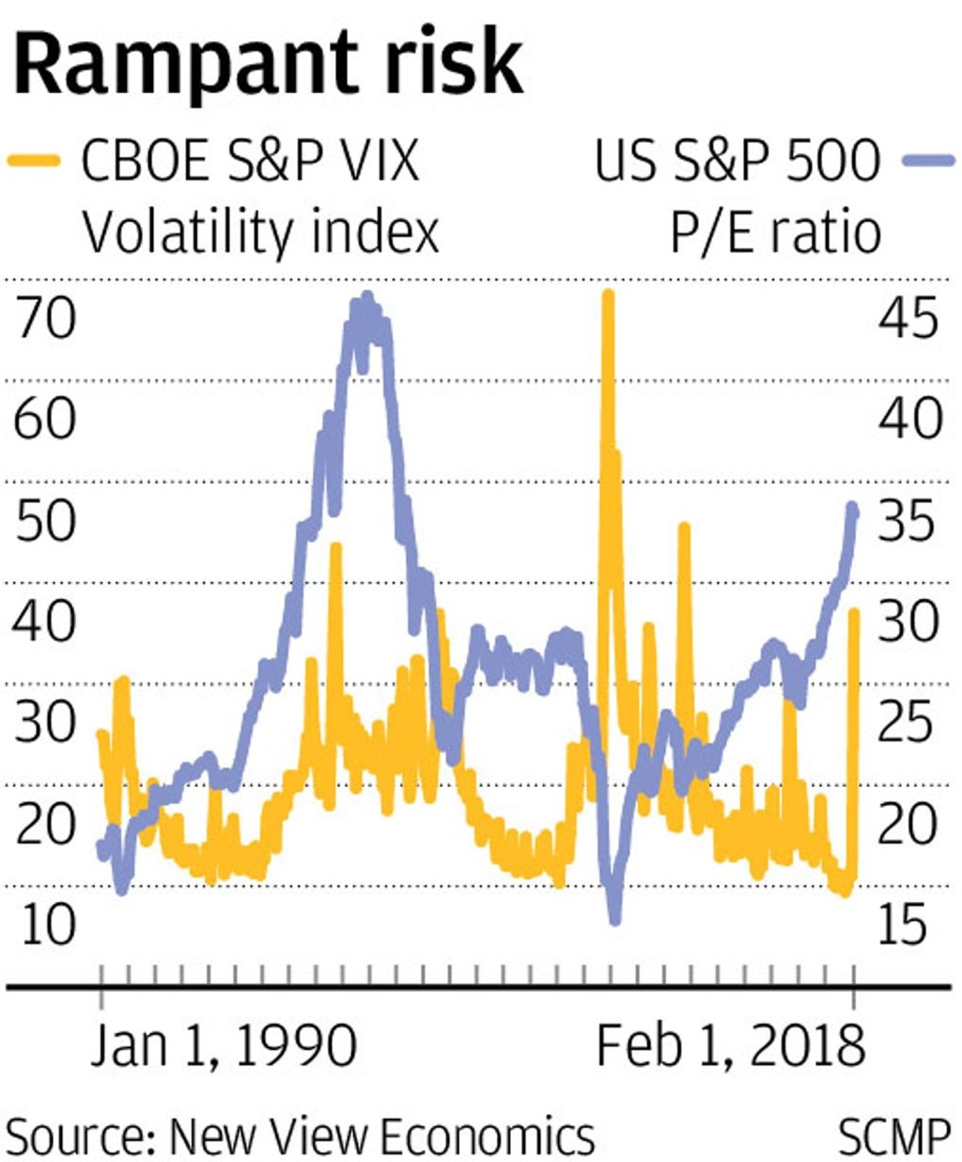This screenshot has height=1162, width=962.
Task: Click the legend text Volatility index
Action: [260, 232]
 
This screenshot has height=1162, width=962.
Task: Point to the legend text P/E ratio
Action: [775, 232]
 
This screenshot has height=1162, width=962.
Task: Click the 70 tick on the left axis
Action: [45, 318]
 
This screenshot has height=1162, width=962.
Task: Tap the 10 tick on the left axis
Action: [45, 924]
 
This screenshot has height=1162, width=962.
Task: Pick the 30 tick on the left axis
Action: [45, 722]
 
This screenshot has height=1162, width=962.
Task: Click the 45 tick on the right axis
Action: [908, 318]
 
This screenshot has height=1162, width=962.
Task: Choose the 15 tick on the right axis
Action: [908, 924]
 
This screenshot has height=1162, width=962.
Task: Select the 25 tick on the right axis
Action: [908, 722]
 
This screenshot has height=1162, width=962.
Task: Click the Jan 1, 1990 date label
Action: [224, 1046]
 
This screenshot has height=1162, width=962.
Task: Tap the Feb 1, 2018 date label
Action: [730, 1046]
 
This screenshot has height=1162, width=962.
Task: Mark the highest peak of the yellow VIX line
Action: [608, 297]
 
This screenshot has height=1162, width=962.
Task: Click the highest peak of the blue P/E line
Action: [366, 299]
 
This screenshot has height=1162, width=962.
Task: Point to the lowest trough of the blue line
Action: [615, 919]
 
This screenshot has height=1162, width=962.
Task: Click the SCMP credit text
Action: [893, 1137]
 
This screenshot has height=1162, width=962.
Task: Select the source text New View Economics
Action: [381, 1137]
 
